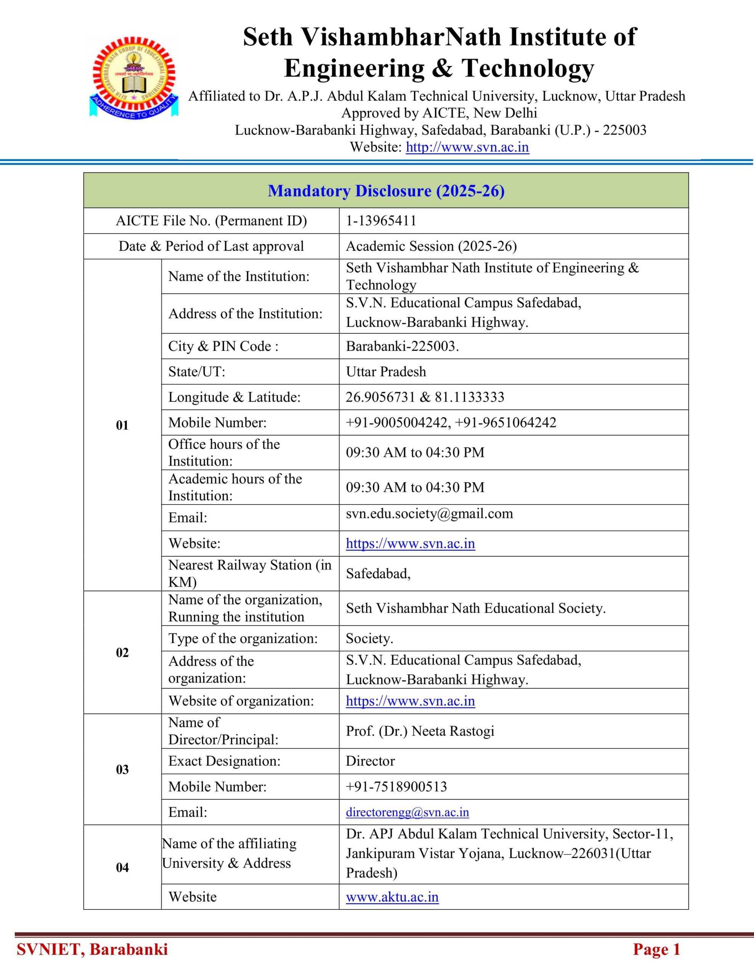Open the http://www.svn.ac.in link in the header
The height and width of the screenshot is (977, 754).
click(x=467, y=147)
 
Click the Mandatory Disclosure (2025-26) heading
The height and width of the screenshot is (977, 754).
click(x=386, y=191)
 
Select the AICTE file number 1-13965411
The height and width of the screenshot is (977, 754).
click(x=381, y=221)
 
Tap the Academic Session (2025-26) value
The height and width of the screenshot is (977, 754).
click(x=431, y=246)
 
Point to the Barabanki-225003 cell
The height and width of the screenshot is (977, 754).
click(x=402, y=346)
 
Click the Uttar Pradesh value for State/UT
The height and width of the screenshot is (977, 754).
click(x=386, y=371)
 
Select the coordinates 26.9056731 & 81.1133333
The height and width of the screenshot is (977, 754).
click(x=425, y=397)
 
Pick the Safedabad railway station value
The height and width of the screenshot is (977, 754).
click(x=378, y=574)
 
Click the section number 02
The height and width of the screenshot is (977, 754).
click(x=122, y=652)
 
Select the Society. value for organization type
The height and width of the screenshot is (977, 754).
click(x=369, y=638)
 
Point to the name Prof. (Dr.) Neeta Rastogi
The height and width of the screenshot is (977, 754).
click(x=420, y=731)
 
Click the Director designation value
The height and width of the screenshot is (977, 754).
click(x=370, y=761)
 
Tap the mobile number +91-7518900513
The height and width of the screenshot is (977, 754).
click(x=396, y=787)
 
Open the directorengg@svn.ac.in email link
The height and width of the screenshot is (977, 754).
click(x=407, y=812)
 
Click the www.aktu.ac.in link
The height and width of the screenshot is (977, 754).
click(x=392, y=897)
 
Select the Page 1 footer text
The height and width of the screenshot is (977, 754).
click(x=656, y=949)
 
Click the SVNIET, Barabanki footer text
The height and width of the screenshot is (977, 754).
click(x=92, y=949)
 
